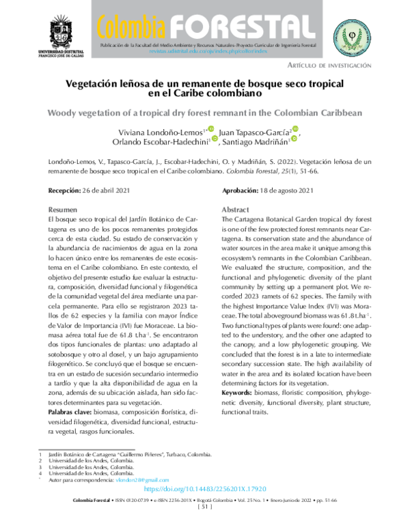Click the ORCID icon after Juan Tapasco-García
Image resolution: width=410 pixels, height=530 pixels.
click(x=295, y=128)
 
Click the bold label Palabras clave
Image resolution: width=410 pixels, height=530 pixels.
click(x=70, y=413)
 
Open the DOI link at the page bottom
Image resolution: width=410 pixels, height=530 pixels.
click(x=204, y=490)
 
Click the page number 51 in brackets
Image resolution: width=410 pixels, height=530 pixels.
click(x=205, y=507)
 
